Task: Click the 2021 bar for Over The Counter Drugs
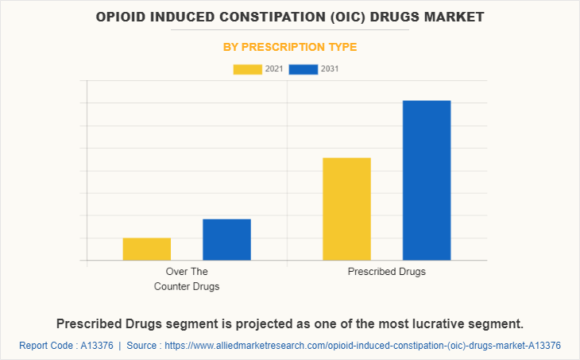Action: tap(147, 249)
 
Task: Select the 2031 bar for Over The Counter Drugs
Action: tap(226, 239)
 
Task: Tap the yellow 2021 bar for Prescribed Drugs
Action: tap(346, 209)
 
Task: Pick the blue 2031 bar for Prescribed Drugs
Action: tap(427, 180)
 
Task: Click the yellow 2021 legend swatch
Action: tap(247, 69)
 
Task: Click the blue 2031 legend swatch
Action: tap(304, 69)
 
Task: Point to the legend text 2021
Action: tap(274, 69)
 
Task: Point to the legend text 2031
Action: tap(330, 69)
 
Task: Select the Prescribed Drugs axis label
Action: tap(387, 272)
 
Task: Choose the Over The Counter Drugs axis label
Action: tap(187, 279)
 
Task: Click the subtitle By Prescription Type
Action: tap(290, 47)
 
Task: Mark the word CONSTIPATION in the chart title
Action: tap(253, 17)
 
